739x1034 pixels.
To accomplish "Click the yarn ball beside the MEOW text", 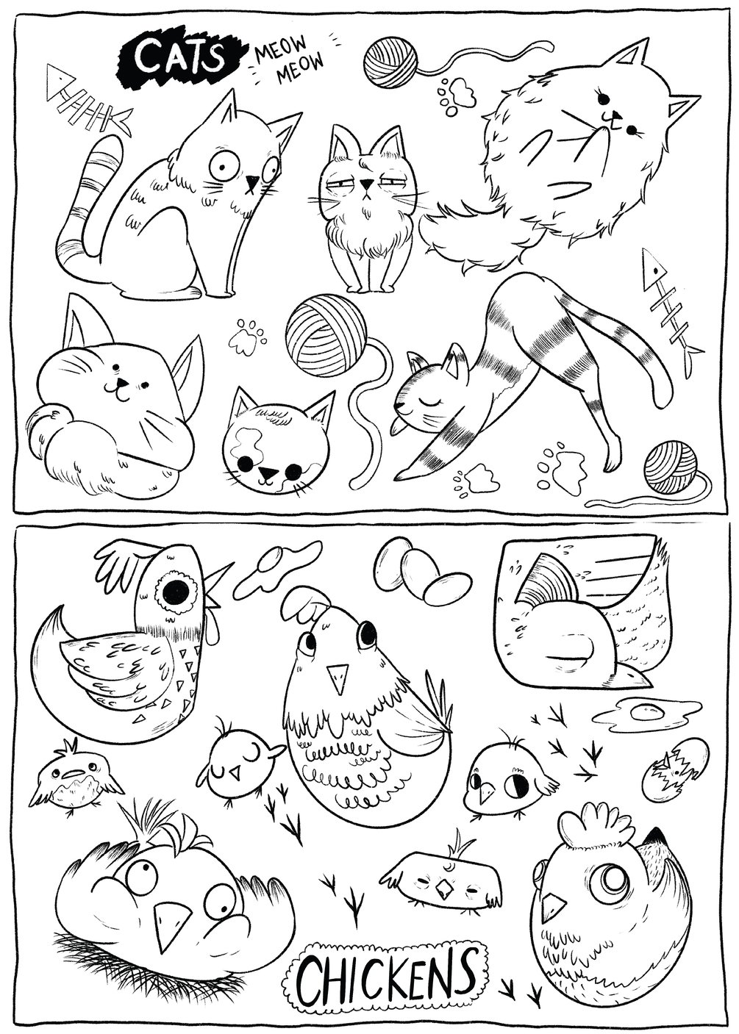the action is coord(391,62).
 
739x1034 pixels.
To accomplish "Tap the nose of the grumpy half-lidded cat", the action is coord(366,184).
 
